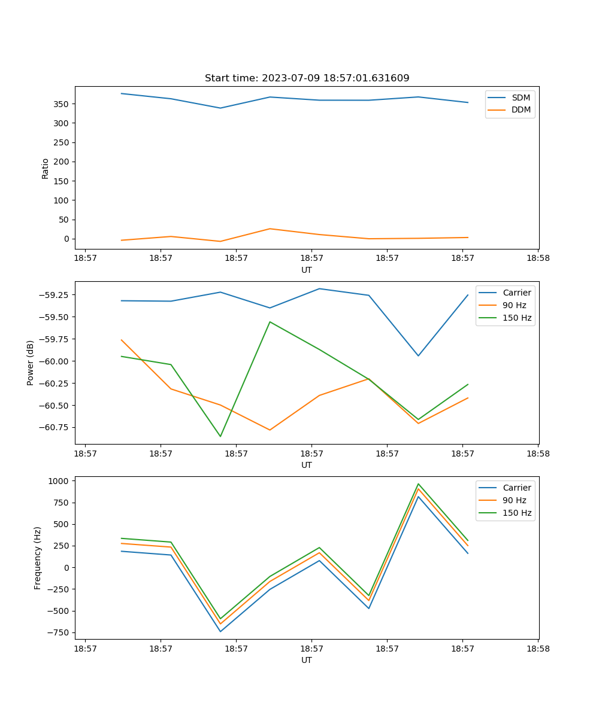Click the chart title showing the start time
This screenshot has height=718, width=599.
coord(307,78)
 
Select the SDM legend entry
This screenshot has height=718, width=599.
coord(521,98)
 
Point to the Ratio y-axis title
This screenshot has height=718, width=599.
coord(46,168)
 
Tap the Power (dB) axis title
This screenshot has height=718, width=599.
coord(31,363)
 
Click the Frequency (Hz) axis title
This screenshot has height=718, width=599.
coord(38,558)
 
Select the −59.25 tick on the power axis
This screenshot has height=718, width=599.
coord(55,295)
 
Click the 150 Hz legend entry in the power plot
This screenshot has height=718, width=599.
coord(517,318)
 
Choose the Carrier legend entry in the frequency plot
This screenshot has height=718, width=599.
coord(516,488)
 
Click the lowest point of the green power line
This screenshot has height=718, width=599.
coord(220,436)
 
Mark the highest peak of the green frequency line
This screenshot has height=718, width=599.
coord(418,484)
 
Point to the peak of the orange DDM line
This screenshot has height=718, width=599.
coord(270,229)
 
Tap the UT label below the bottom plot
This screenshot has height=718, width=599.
coord(307,660)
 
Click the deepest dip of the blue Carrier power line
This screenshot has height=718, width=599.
coord(418,355)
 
